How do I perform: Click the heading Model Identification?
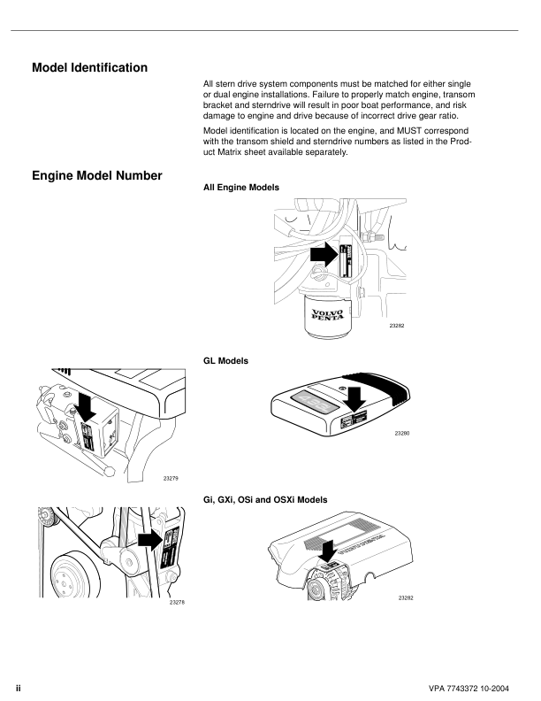(x=89, y=67)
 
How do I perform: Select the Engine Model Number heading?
(x=96, y=175)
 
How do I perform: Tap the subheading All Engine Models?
(x=240, y=188)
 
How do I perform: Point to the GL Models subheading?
(x=226, y=361)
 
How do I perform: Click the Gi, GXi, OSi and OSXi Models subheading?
(x=265, y=500)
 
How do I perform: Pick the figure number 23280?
(x=402, y=433)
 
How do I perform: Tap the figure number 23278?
(x=177, y=602)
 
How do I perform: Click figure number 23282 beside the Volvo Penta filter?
(x=397, y=327)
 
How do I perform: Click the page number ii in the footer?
(x=18, y=687)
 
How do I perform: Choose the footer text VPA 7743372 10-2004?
(x=474, y=687)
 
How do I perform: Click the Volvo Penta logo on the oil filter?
(x=330, y=313)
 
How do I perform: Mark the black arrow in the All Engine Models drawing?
(x=324, y=256)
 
